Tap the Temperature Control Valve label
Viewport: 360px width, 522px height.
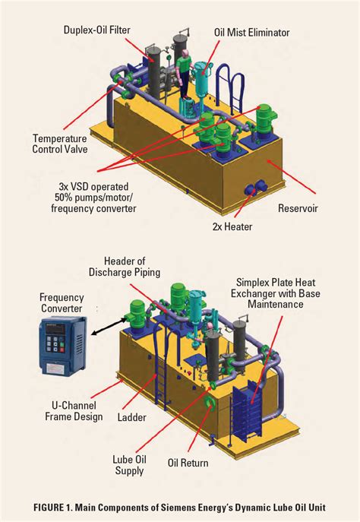pyautogui.click(x=60, y=144)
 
